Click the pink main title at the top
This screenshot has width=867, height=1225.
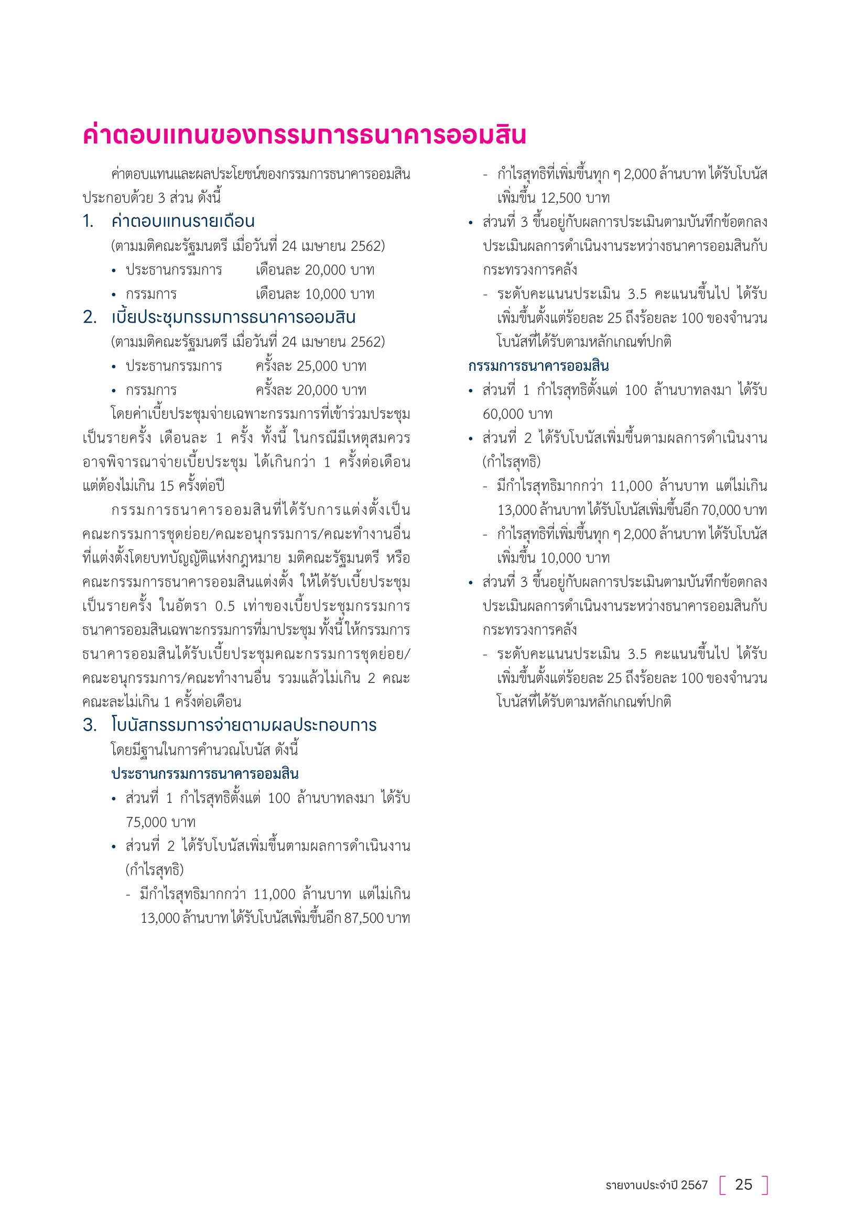[x=305, y=135]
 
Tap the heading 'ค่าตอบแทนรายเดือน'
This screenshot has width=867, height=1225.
[x=182, y=221]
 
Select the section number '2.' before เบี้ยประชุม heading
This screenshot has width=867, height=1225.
[x=90, y=317]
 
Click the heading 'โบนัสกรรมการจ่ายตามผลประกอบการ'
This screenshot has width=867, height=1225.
[x=243, y=724]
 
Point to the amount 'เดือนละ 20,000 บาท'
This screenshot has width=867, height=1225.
[x=315, y=270]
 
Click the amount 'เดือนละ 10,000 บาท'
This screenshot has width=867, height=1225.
[x=315, y=294]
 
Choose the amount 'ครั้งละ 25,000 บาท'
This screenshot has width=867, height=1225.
[x=311, y=366]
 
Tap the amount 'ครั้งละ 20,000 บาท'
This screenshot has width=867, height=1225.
[x=311, y=390]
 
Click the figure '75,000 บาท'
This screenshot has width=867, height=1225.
[x=161, y=822]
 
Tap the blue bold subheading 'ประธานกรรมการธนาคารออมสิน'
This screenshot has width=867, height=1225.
[x=205, y=774]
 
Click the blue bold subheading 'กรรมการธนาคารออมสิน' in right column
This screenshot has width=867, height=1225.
[x=538, y=366]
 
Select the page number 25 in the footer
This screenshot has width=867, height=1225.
[x=743, y=1185]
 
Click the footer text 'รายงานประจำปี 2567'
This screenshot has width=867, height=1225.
[x=656, y=1185]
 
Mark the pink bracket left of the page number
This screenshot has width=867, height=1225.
[x=723, y=1185]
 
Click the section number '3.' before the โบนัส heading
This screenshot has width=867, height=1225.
[x=90, y=724]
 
